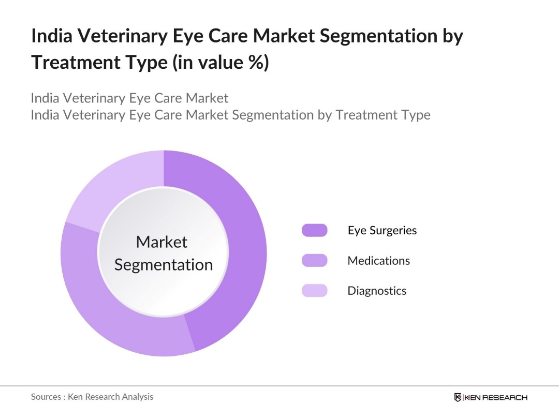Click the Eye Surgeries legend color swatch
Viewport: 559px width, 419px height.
pyautogui.click(x=314, y=230)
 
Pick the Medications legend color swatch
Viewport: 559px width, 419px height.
pyautogui.click(x=314, y=260)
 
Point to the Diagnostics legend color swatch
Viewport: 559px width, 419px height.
pyautogui.click(x=314, y=290)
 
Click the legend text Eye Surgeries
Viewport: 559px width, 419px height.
pyautogui.click(x=382, y=230)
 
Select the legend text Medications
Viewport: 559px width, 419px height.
pyautogui.click(x=378, y=260)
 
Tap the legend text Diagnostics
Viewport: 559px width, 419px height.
pyautogui.click(x=377, y=290)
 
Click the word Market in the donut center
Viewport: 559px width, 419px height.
pyautogui.click(x=161, y=242)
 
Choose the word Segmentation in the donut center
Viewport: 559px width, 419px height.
pyautogui.click(x=164, y=264)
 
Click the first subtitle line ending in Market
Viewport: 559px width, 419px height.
pyautogui.click(x=129, y=98)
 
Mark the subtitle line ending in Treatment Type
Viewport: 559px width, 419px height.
pyautogui.click(x=230, y=114)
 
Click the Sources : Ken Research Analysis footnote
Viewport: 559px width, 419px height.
pyautogui.click(x=92, y=397)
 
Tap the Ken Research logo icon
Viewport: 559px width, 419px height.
pyautogui.click(x=458, y=397)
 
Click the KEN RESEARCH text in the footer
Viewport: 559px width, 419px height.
pyautogui.click(x=496, y=397)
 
